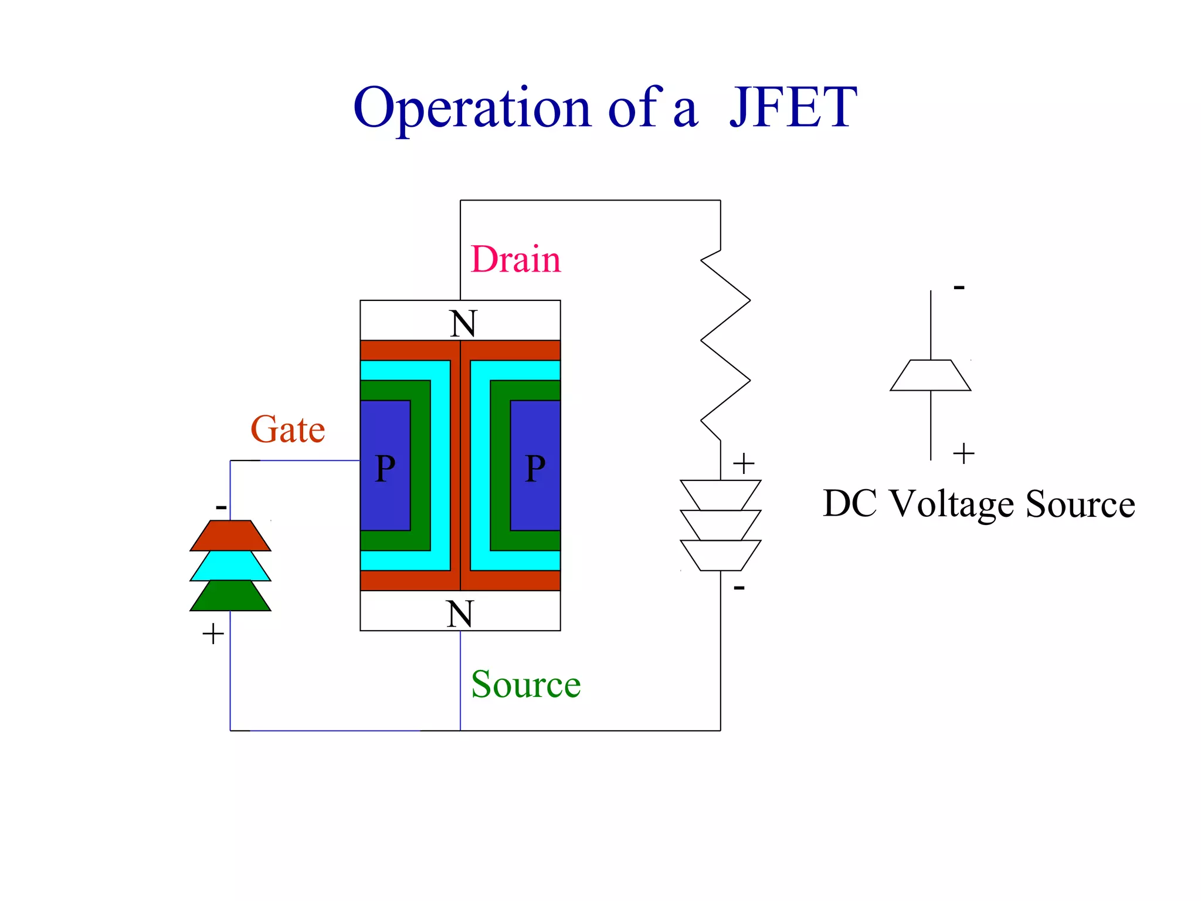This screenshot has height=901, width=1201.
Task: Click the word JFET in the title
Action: [793, 108]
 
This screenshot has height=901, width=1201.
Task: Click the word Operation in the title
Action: [472, 109]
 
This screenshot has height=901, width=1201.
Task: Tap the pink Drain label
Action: [515, 259]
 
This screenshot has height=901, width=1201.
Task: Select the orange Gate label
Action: [287, 429]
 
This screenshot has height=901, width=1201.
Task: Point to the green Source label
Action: [525, 685]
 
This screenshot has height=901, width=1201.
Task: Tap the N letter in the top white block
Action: [463, 323]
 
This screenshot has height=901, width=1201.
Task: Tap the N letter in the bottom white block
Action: [460, 614]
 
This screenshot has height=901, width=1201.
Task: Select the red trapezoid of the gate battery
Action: [230, 536]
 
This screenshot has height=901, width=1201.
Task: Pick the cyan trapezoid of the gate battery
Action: [230, 566]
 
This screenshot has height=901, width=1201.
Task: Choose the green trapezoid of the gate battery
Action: [230, 596]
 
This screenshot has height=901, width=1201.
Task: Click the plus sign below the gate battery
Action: [213, 634]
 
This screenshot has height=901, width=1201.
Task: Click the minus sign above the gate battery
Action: [221, 507]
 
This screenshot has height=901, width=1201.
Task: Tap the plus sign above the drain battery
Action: [744, 463]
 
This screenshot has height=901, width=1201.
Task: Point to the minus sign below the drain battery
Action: [739, 587]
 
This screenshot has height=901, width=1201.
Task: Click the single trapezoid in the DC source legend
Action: [931, 375]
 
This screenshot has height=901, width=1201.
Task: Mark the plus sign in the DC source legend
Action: [963, 453]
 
